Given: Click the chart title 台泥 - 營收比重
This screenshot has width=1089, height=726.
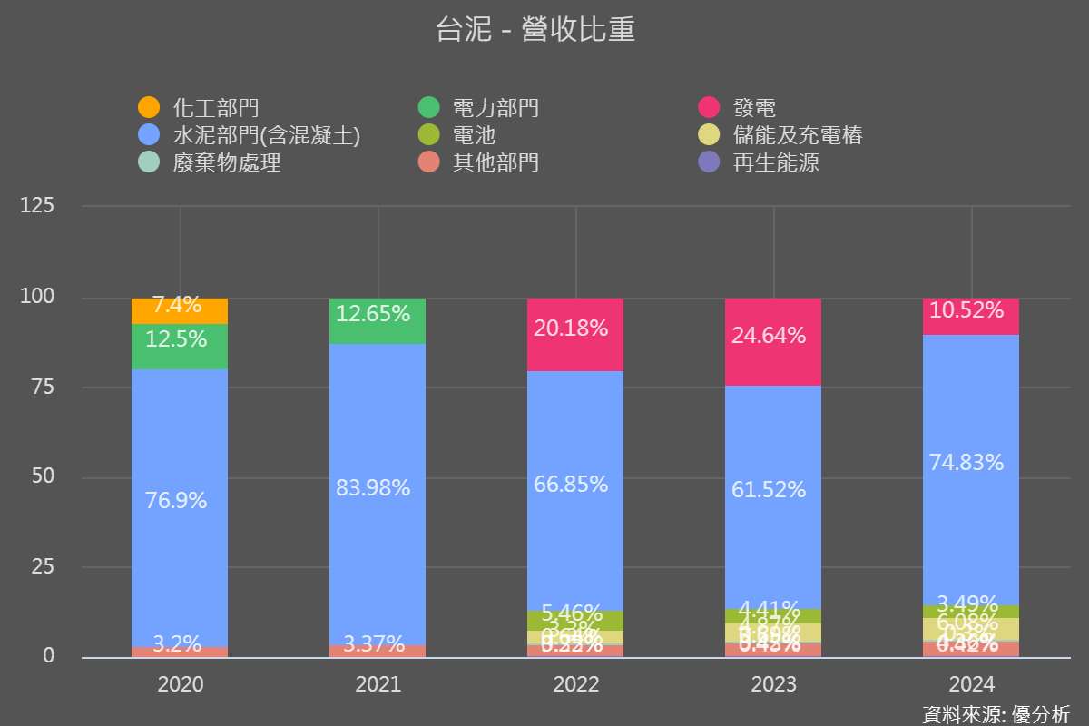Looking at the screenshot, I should tap(535, 30).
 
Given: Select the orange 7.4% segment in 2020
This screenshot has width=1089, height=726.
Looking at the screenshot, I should tap(180, 311).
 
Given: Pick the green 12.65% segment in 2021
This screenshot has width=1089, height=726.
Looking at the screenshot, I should tap(378, 321).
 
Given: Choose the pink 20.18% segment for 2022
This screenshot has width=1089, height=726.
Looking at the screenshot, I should tap(575, 335).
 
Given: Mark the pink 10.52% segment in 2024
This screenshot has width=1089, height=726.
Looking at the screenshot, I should tap(971, 317).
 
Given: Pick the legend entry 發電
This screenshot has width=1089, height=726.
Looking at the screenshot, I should tap(754, 108).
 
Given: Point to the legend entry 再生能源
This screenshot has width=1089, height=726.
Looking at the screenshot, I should tap(776, 163).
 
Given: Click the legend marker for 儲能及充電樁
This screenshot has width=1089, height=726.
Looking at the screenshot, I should tap(710, 136).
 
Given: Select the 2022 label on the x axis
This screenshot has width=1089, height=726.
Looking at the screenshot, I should tap(575, 684).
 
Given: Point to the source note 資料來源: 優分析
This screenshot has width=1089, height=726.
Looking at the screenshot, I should tap(996, 713).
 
